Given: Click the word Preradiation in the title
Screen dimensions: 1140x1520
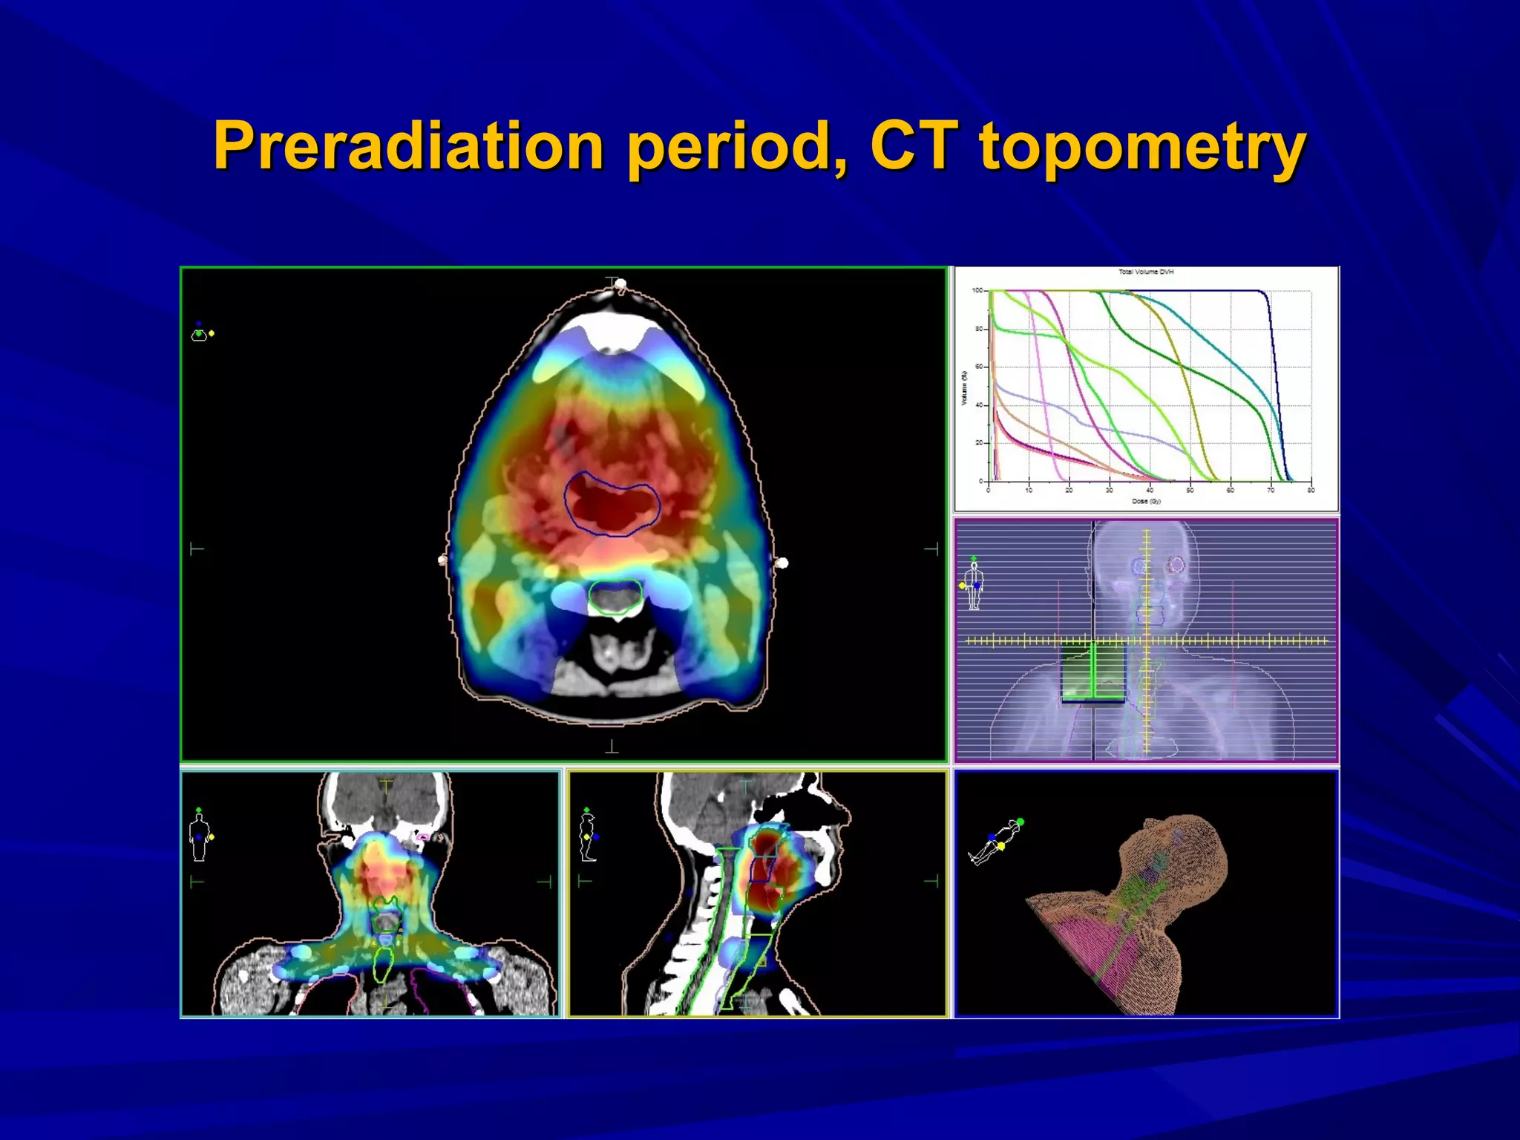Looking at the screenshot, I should (x=409, y=146).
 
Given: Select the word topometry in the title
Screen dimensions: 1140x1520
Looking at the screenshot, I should (x=1143, y=148).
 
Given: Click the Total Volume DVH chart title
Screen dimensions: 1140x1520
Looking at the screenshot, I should (x=1146, y=272).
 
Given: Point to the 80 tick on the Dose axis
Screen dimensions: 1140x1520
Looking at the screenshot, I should (x=1311, y=491).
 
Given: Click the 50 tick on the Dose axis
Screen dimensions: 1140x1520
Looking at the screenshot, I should (x=1190, y=491).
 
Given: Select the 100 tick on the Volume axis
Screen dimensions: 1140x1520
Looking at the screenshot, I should (x=977, y=290).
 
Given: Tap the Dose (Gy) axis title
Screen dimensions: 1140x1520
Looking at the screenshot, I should (x=1146, y=502).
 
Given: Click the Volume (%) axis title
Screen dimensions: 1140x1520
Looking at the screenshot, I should (x=964, y=387).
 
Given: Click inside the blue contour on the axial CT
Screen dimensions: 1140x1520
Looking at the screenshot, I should (x=611, y=505).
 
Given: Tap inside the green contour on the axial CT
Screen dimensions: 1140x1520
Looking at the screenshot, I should (x=615, y=597).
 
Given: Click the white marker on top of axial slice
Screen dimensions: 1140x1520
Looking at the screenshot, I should (x=620, y=284).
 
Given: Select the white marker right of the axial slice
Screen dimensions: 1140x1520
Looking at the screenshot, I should (x=782, y=563).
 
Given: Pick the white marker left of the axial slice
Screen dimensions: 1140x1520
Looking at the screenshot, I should (x=443, y=560).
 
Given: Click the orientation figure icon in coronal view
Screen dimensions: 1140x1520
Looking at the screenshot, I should (x=199, y=836).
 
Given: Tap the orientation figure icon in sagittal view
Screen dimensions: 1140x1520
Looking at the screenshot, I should (x=588, y=836).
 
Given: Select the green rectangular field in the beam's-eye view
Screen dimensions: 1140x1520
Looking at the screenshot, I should (x=1092, y=672).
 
